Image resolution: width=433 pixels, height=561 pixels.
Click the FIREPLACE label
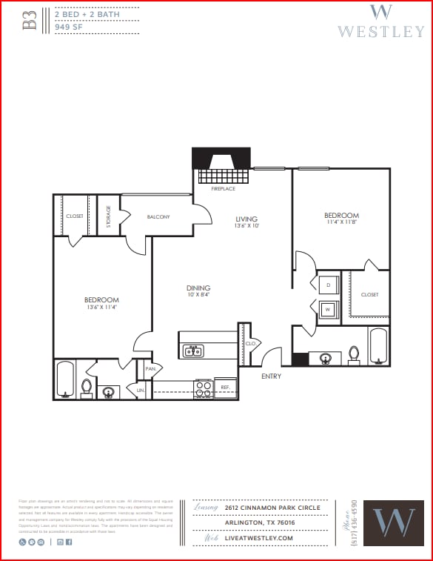[223, 189]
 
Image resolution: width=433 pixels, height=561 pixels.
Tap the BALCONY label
[158, 216]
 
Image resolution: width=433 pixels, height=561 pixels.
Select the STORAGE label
[108, 216]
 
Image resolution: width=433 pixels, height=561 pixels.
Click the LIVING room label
[246, 219]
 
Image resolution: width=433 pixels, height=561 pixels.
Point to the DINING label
[198, 288]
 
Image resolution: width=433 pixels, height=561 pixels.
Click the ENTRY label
[271, 376]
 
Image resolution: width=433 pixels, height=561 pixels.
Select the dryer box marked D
[329, 285]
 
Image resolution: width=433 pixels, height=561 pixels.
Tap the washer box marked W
[329, 309]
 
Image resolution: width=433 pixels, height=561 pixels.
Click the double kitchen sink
[194, 351]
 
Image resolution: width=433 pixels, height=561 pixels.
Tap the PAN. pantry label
[150, 368]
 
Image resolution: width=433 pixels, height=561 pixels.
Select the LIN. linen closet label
[140, 389]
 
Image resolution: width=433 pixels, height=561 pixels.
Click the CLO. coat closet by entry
[250, 343]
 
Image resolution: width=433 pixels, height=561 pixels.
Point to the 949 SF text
[69, 27]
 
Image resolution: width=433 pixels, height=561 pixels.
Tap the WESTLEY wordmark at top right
[380, 31]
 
